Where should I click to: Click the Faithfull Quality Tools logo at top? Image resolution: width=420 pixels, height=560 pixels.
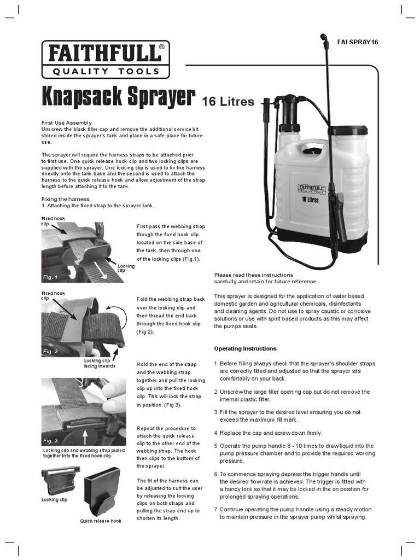point(106,60)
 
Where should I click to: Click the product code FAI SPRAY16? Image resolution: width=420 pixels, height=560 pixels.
point(358,42)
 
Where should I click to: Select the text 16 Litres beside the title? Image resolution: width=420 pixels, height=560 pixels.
point(228,101)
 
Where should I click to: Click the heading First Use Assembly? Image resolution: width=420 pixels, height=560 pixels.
point(67,122)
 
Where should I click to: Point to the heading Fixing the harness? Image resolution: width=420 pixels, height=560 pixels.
point(66,199)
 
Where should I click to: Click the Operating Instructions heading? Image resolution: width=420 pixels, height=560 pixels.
point(245,348)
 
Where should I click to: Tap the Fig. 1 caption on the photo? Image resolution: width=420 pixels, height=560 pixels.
point(51,277)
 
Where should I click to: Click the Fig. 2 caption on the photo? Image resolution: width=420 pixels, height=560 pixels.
point(51,352)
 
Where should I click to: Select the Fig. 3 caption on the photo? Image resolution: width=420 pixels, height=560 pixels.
point(51,440)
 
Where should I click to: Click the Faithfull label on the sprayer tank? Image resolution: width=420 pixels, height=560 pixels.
point(310,189)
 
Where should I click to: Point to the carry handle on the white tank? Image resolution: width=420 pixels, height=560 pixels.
point(313,149)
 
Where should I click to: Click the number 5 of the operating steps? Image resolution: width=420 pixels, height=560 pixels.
point(216,446)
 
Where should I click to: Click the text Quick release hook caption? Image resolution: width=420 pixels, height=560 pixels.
point(101,521)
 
